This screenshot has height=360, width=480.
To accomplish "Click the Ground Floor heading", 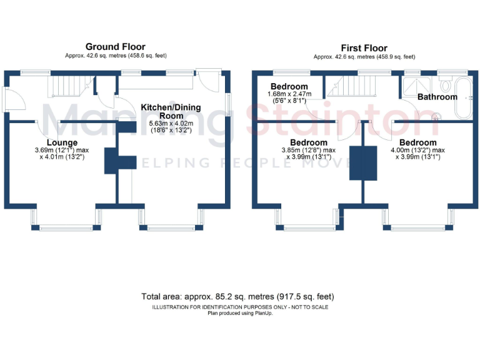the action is [x=116, y=47].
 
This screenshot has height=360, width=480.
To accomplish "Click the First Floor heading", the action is [x=364, y=48].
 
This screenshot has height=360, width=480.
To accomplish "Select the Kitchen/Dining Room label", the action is [x=171, y=111].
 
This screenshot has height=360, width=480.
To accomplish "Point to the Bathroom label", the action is [x=437, y=97].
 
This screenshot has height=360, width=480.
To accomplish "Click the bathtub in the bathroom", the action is [x=464, y=97].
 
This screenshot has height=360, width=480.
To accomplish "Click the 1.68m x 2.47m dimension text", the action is [x=289, y=94].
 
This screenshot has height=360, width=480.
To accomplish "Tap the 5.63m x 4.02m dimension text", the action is [x=171, y=124].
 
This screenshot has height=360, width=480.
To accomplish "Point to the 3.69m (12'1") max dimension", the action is [x=61, y=151].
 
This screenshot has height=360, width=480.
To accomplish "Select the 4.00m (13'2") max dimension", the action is [x=418, y=150].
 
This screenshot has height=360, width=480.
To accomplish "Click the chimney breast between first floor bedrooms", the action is [x=363, y=162].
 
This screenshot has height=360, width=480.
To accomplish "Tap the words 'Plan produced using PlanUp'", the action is [x=241, y=312].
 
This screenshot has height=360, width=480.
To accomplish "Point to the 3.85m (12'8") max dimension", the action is [x=309, y=150].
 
